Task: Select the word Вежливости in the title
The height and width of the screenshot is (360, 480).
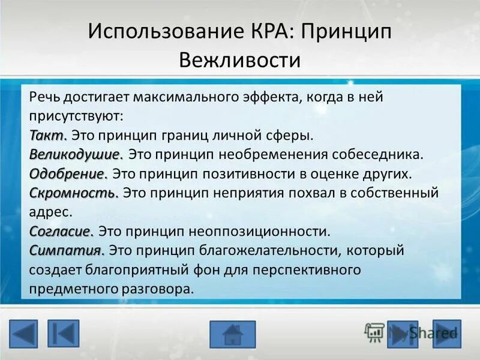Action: click(x=240, y=61)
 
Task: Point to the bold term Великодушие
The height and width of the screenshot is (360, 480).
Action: click(x=76, y=154)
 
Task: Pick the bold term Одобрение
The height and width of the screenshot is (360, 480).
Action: click(x=68, y=174)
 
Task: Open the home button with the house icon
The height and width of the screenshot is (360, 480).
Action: click(x=232, y=334)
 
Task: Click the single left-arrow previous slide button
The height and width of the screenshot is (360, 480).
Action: click(x=23, y=334)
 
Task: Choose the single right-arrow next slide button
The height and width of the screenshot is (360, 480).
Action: click(x=447, y=334)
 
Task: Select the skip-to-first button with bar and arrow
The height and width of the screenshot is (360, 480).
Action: click(x=63, y=334)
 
